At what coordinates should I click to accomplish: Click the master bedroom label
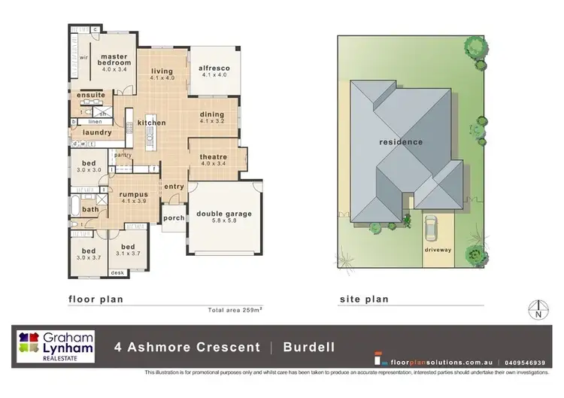(x=117, y=59)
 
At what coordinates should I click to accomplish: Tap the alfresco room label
(x=214, y=68)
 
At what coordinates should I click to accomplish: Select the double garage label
(x=223, y=214)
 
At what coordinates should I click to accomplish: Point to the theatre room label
(x=213, y=157)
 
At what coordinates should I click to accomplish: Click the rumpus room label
(x=133, y=194)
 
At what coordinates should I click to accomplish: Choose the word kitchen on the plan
(x=151, y=123)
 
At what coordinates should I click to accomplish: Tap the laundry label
(x=97, y=132)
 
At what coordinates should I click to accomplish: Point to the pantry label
(x=123, y=155)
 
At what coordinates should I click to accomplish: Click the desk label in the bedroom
(x=117, y=272)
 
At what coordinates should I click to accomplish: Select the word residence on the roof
(x=400, y=141)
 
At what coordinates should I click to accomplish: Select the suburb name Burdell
(x=308, y=348)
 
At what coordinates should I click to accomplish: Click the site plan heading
(x=364, y=299)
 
